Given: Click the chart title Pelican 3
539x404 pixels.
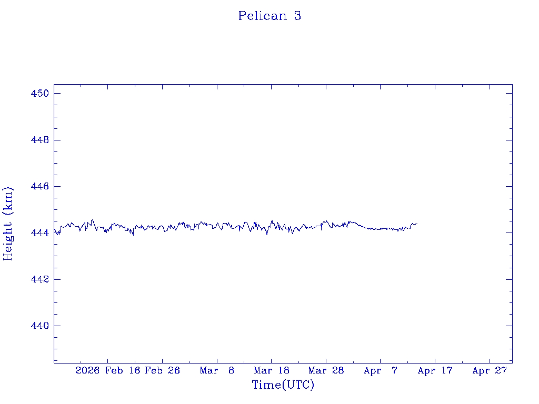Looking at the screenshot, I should pos(269,16).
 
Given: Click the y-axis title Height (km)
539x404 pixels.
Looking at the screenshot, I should pos(8,224).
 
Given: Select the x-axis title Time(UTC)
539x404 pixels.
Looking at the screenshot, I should pos(283,385).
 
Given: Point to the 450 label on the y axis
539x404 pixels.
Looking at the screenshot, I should pos(40,94).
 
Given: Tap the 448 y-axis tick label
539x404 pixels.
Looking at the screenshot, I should pos(40,140).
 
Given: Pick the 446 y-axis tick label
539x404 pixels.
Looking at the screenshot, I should pos(40,187).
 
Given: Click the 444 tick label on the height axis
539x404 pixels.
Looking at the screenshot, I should pos(40,233).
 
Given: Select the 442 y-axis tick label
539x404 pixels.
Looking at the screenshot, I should pos(40,279).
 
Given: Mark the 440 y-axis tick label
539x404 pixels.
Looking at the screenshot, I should pos(40,326).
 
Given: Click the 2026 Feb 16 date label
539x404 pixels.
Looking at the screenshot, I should pos(108,371).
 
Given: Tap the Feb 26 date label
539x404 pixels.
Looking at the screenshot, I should pos(162,371).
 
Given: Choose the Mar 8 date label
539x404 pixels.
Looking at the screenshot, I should pos(217,371).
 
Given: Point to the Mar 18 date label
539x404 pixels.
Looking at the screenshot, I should pos(272,371).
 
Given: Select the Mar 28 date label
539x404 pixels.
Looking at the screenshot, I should pos(326,371).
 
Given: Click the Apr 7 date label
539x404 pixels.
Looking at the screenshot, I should pos(381,371).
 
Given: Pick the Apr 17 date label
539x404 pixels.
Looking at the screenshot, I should pos(435,371).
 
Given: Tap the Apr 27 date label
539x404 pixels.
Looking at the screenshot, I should pos(490,371).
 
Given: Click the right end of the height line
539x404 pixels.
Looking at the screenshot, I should pos(417,224).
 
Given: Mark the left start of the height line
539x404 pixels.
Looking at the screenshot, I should pos(54,230).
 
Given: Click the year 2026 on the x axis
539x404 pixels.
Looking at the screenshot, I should pos(87,371).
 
